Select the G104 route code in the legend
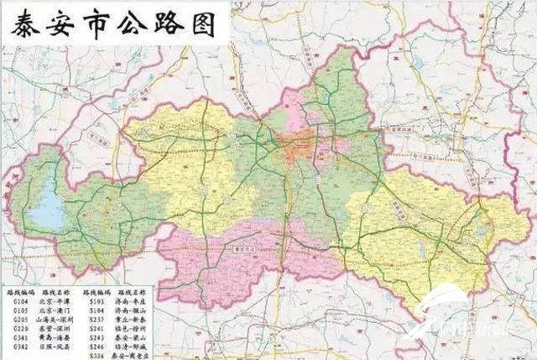click(x=20, y=300)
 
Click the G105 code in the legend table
click(x=20, y=310)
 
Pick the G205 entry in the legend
click(x=20, y=319)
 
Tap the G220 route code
click(x=20, y=328)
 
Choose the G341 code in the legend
click(x=20, y=337)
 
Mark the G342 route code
click(x=20, y=347)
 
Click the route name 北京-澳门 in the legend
click(x=58, y=310)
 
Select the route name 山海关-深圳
click(x=58, y=319)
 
